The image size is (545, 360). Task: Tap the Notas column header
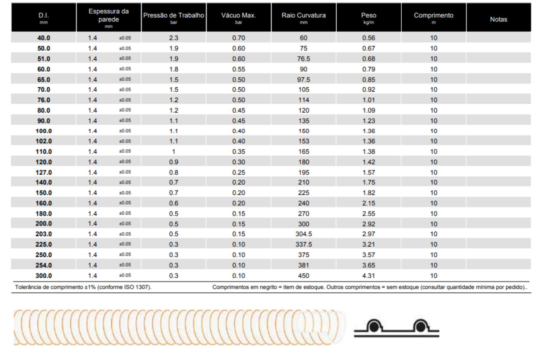(x=498, y=19)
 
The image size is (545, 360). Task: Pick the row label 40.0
(x=44, y=38)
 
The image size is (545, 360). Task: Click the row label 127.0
(x=44, y=172)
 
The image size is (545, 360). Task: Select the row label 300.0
(x=44, y=276)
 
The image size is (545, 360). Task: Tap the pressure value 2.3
(x=174, y=38)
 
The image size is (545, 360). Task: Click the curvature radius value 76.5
(x=304, y=59)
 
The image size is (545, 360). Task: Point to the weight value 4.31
(x=368, y=276)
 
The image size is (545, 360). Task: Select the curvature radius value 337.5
(x=304, y=244)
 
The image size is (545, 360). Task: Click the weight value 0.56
(x=368, y=38)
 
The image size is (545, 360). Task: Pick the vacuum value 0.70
(x=239, y=38)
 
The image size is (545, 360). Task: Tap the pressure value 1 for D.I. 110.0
(x=174, y=152)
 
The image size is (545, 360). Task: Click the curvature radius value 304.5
(x=304, y=234)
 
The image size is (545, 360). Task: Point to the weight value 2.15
(x=368, y=203)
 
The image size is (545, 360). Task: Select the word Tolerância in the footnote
(x=28, y=287)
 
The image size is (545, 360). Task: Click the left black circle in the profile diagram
(x=374, y=327)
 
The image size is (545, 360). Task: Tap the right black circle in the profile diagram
(x=420, y=327)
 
